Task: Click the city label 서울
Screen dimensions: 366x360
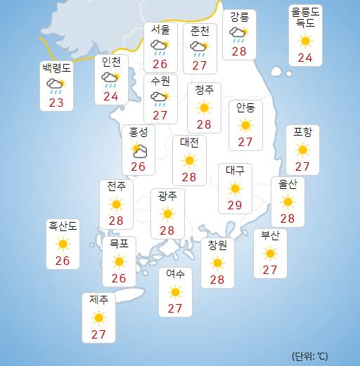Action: [x=160, y=30]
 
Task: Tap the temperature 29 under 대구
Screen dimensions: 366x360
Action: [x=234, y=206]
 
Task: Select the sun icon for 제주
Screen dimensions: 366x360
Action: [x=98, y=317]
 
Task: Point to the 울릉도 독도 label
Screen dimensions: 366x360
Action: [x=305, y=18]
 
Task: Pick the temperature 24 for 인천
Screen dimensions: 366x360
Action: [x=110, y=96]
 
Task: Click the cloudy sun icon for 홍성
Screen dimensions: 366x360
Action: [x=139, y=150]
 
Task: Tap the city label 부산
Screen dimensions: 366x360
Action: [x=270, y=235]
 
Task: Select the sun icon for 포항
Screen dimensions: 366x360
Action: [x=302, y=150]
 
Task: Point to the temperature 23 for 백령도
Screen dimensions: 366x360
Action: [x=57, y=103]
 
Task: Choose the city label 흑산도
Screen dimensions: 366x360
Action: [x=63, y=226]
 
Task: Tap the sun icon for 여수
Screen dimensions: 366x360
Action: [x=175, y=292]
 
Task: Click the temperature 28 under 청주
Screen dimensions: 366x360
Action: [x=204, y=124]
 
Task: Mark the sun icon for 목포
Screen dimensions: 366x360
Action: [x=118, y=261]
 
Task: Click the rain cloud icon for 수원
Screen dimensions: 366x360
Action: [x=160, y=98]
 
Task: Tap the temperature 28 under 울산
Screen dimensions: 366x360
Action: [x=287, y=218]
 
